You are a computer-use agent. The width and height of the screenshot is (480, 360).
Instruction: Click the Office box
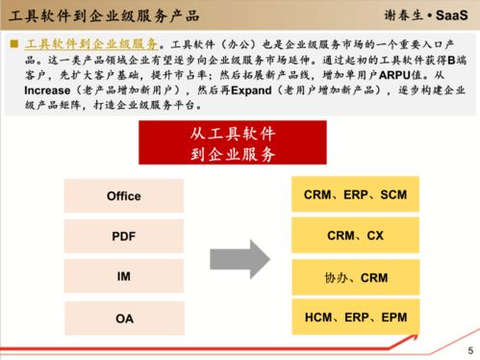pos(123,195)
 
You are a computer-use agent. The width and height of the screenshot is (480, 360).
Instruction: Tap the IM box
pos(123,276)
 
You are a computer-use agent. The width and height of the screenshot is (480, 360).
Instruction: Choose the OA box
pos(123,318)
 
